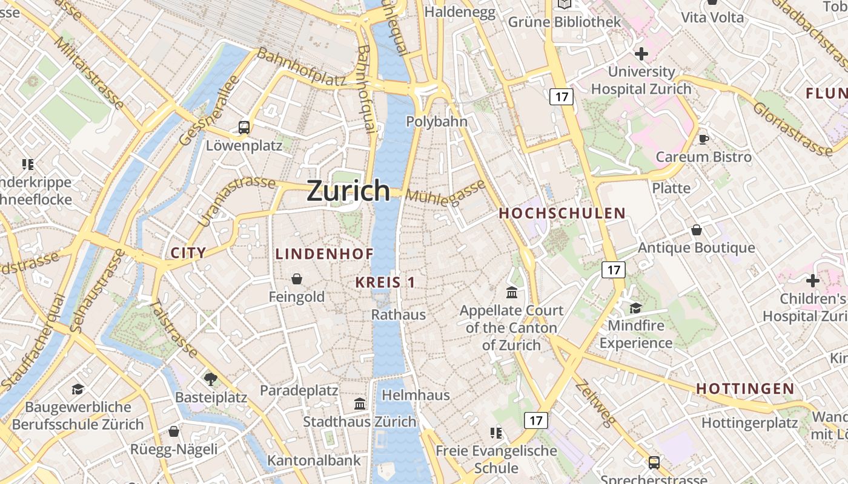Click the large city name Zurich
[x=348, y=191]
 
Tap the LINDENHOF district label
[x=324, y=253]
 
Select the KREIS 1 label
[x=385, y=282]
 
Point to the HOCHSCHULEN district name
[x=561, y=213]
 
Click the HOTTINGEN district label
[x=744, y=388]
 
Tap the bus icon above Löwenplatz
[x=244, y=128]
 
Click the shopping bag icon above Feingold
[x=297, y=279]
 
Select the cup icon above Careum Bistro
[x=704, y=139]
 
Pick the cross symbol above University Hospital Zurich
[x=641, y=54]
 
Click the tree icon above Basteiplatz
[x=211, y=379]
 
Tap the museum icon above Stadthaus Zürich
[x=360, y=404]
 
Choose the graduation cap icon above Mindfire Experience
[x=635, y=308]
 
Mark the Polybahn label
[x=436, y=122]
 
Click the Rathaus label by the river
[x=398, y=315]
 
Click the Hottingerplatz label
[x=749, y=422]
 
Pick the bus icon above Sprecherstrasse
[x=654, y=463]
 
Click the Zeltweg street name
[x=595, y=404]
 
